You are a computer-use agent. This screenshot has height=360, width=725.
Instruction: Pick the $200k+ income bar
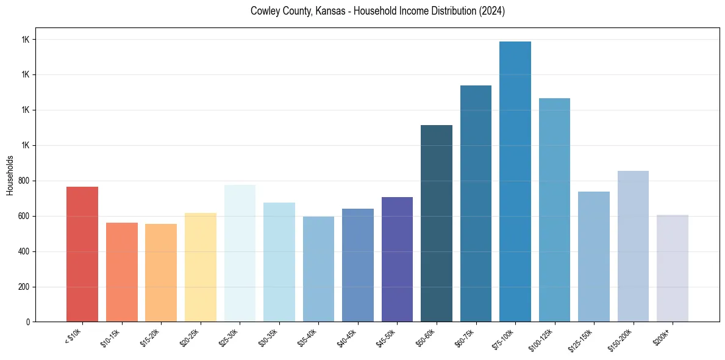673,268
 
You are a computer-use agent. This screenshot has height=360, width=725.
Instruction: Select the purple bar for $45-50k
397,259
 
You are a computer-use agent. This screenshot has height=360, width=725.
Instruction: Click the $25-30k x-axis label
229,337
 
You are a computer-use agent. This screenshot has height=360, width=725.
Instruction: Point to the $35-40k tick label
308,337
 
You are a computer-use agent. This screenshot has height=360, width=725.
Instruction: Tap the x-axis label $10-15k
111,337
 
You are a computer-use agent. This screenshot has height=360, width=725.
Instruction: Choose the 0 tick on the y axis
27,322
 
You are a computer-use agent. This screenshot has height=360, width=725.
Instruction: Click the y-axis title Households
10,175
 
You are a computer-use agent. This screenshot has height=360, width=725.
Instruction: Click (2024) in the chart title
491,12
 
